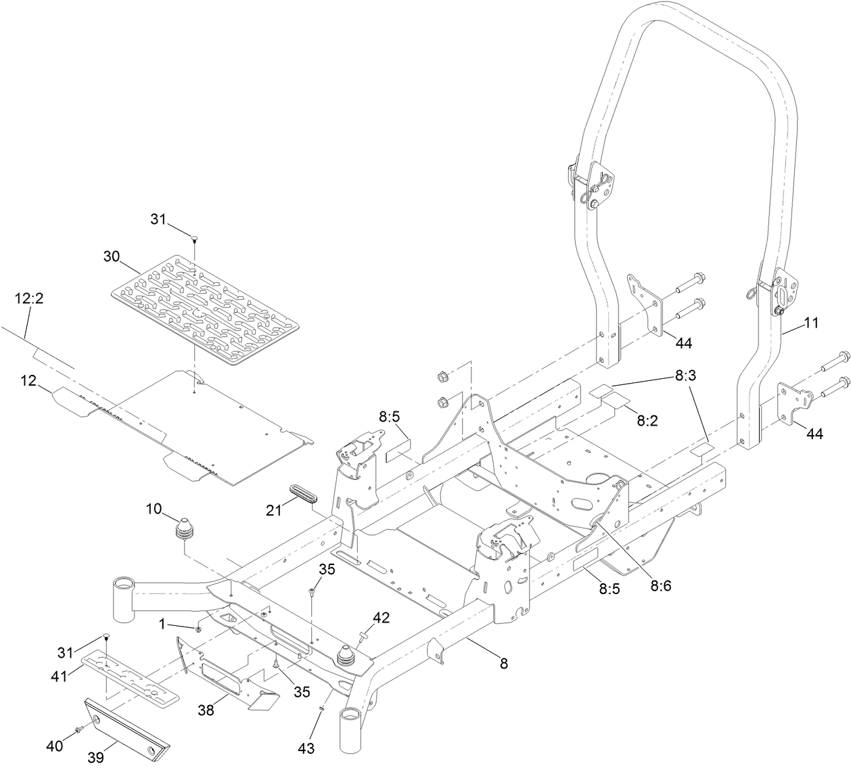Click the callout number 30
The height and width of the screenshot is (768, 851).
(112, 256)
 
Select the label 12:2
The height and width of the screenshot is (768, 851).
(29, 298)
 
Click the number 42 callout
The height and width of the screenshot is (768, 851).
(382, 617)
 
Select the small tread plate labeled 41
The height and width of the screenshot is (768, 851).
(133, 677)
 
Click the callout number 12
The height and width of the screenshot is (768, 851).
(27, 382)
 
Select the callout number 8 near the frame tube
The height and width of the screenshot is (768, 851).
(503, 664)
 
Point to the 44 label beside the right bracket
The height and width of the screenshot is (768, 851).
(814, 434)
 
